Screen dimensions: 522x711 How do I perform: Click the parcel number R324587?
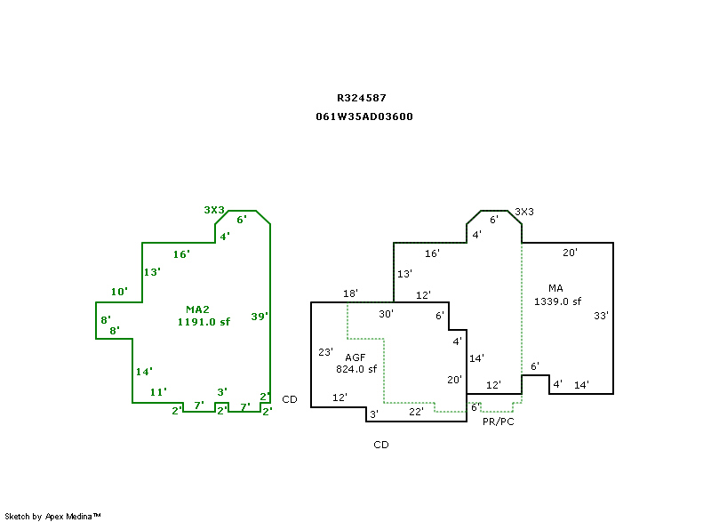tap(361, 98)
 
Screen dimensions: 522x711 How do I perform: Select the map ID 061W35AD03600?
tap(364, 116)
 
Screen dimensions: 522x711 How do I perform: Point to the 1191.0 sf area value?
tap(204, 322)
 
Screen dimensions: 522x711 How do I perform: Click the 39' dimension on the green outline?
tap(260, 316)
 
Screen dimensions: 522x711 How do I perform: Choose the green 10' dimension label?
tap(119, 292)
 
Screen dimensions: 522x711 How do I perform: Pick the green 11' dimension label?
tap(158, 391)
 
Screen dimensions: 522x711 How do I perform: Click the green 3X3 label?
tap(213, 210)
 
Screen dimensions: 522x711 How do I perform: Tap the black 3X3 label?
tap(524, 212)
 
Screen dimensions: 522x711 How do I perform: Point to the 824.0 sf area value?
tap(356, 368)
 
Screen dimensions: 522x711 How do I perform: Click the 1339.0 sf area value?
tap(557, 301)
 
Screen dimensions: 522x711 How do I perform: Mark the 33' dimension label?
tap(601, 316)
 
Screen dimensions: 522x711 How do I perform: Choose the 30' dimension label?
tap(386, 313)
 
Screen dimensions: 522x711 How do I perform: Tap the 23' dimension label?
tap(325, 351)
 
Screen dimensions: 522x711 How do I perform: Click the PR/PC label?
tap(498, 422)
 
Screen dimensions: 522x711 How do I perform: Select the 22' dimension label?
tap(416, 411)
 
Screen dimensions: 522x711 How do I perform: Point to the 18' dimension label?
tap(350, 293)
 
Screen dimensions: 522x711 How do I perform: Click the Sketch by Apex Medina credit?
tap(52, 516)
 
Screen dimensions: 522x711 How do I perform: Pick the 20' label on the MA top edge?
tap(570, 253)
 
